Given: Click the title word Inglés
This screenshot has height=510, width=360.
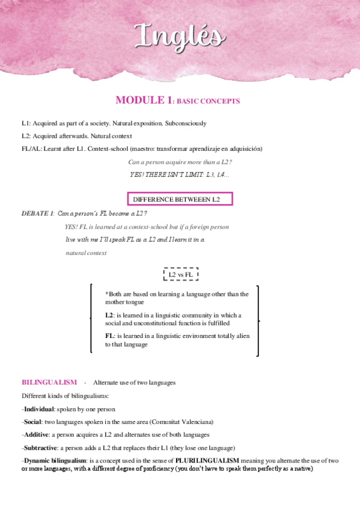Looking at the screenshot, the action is coord(180,36).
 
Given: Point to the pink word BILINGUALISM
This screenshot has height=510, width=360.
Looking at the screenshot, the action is coord(49,382).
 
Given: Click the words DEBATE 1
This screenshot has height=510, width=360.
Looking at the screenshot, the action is coord(38,214).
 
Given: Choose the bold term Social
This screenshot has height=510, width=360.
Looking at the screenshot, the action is coord(34,422).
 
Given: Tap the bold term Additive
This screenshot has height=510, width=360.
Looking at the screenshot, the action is coord(37,434).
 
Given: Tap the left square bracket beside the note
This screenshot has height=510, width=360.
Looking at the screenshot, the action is coord(91,319).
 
